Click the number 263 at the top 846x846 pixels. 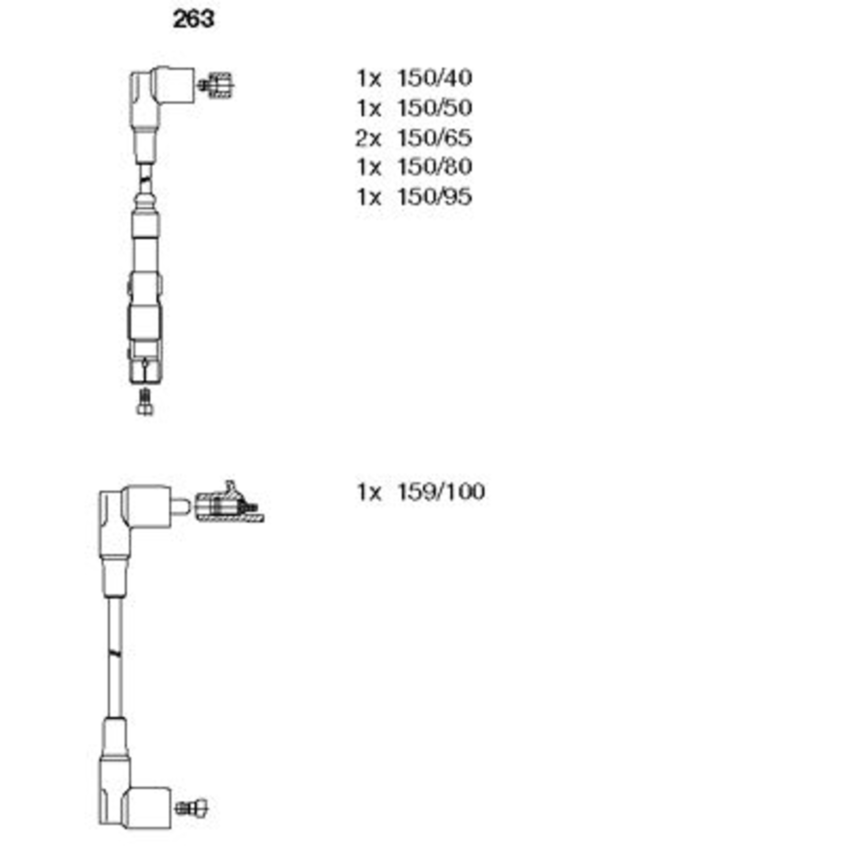pos(194,20)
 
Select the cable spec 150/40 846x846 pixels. pos(434,78)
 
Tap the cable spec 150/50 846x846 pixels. pos(434,108)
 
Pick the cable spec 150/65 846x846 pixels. pos(434,138)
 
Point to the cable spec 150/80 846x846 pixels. pos(434,167)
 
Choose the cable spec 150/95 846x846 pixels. pos(434,197)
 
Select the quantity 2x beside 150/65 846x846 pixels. pos(368,138)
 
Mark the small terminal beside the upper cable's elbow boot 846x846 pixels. pos(216,85)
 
